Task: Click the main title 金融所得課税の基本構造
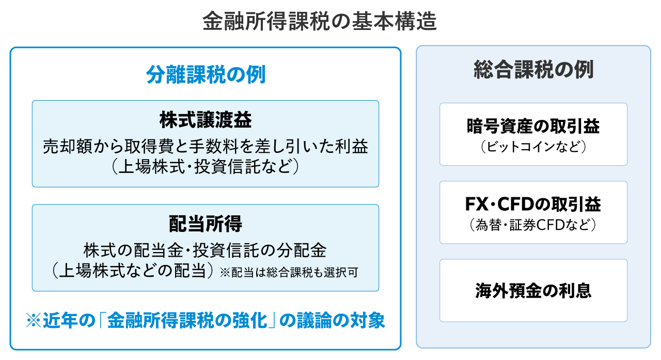pyautogui.click(x=320, y=21)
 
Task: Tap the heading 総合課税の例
pyautogui.click(x=533, y=70)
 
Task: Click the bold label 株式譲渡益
pyautogui.click(x=206, y=120)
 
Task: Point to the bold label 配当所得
pyautogui.click(x=206, y=223)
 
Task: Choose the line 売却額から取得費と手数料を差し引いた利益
pyautogui.click(x=206, y=146)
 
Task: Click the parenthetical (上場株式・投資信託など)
pyautogui.click(x=206, y=167)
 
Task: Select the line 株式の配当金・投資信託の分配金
pyautogui.click(x=205, y=250)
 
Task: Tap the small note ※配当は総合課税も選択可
pyautogui.click(x=289, y=272)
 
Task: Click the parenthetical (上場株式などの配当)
pyautogui.click(x=132, y=271)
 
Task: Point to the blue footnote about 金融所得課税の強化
pyautogui.click(x=206, y=320)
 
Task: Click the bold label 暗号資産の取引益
pyautogui.click(x=533, y=126)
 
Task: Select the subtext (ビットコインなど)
pyautogui.click(x=533, y=147)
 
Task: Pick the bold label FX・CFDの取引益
pyautogui.click(x=533, y=204)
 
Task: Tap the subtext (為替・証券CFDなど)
pyautogui.click(x=533, y=225)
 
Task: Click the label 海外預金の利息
pyautogui.click(x=533, y=291)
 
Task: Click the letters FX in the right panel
pyautogui.click(x=476, y=204)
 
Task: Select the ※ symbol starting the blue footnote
pyautogui.click(x=34, y=321)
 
